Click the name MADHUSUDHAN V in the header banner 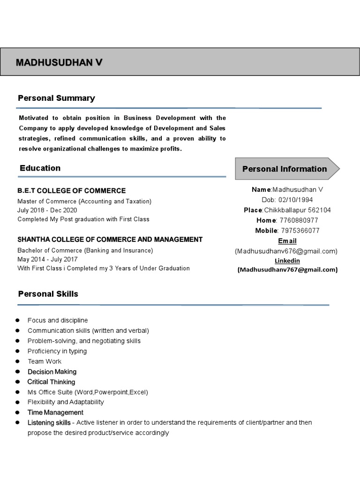59,63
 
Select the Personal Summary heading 56,98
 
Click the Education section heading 40,168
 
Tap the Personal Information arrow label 285,169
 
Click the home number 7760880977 299,220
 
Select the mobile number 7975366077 300,231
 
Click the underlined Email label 287,241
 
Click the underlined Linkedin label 287,261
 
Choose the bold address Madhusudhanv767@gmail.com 287,270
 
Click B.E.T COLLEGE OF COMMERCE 72,191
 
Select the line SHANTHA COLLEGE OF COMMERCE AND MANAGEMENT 110,240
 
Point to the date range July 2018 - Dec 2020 47,210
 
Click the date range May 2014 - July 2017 48,259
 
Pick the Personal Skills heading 48,294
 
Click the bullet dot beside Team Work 17,361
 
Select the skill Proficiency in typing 57,351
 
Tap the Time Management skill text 55,412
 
